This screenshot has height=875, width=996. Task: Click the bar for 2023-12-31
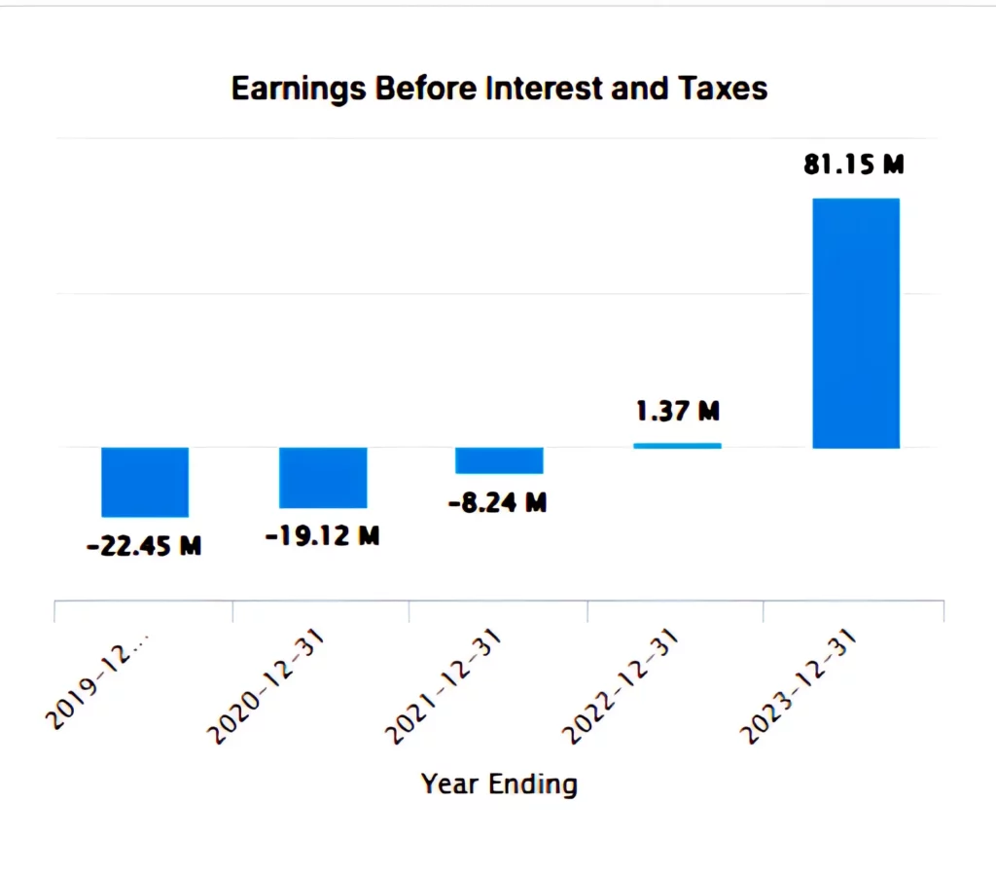pyautogui.click(x=856, y=323)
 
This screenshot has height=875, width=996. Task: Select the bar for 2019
pyautogui.click(x=145, y=482)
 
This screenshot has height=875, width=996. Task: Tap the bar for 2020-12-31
pyautogui.click(x=323, y=477)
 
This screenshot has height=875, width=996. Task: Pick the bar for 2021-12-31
pyautogui.click(x=499, y=460)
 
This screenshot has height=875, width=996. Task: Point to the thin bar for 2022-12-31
pyautogui.click(x=677, y=446)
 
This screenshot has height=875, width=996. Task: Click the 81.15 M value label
pyautogui.click(x=854, y=164)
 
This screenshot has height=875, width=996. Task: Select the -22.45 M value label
pyautogui.click(x=144, y=546)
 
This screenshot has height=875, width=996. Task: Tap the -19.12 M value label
pyautogui.click(x=322, y=535)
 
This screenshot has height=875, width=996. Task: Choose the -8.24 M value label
pyautogui.click(x=499, y=503)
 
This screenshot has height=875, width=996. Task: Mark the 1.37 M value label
pyautogui.click(x=678, y=412)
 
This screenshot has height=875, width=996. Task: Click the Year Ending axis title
pyautogui.click(x=499, y=784)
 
